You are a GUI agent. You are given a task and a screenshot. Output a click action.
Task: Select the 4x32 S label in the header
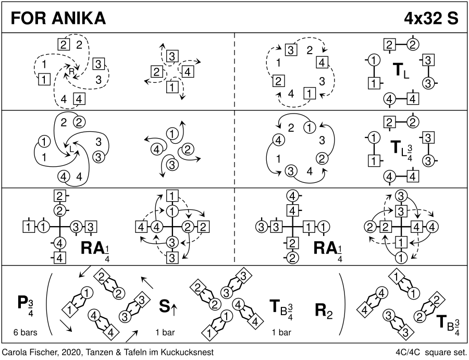pyautogui.click(x=431, y=18)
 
